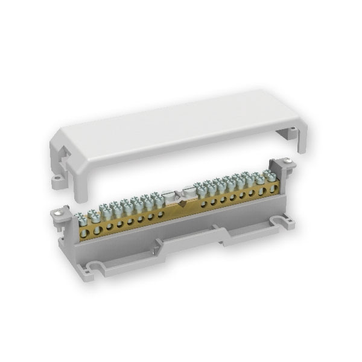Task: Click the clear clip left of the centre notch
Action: (x=168, y=197)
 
